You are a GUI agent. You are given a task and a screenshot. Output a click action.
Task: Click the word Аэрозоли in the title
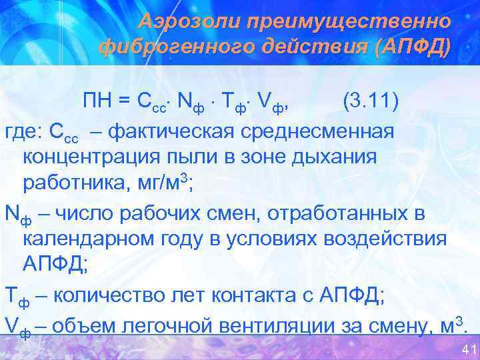(187, 21)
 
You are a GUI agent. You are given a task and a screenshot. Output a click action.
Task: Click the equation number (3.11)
(370, 102)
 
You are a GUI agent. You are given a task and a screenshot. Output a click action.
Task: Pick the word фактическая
(172, 131)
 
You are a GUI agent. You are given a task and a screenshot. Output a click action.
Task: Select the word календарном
(87, 239)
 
